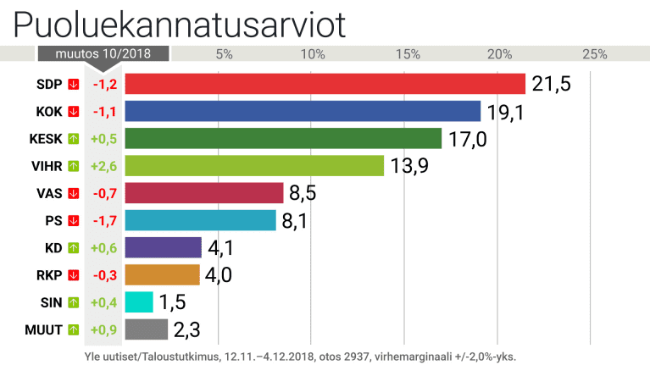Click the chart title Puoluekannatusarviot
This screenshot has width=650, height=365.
click(x=179, y=25)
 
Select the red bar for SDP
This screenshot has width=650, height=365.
click(x=325, y=84)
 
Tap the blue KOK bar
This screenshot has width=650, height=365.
click(x=303, y=111)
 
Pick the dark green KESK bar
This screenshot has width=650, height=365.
click(x=283, y=138)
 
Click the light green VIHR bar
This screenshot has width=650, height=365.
click(x=254, y=165)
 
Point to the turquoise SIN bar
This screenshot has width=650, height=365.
click(x=139, y=302)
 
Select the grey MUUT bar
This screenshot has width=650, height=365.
click(x=146, y=329)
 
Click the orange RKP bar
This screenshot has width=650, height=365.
click(x=162, y=275)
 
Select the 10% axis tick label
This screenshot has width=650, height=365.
click(x=312, y=54)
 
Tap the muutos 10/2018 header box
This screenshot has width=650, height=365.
click(x=103, y=54)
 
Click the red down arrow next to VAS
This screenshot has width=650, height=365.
click(x=74, y=193)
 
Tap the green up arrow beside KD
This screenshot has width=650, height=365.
click(x=74, y=247)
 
